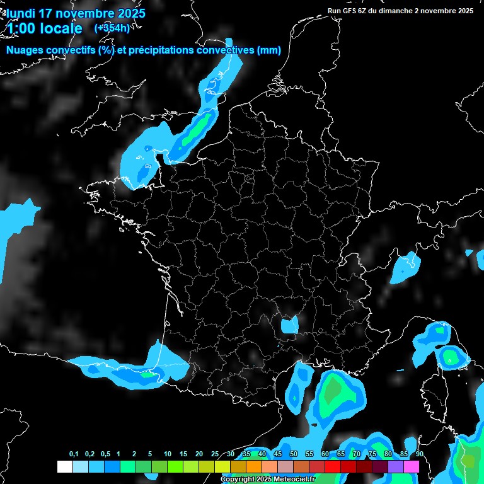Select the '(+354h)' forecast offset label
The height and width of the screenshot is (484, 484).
112,28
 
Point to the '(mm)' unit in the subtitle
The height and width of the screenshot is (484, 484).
269,50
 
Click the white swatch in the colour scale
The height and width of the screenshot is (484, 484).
64,466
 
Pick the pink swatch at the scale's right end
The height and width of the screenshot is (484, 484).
412,466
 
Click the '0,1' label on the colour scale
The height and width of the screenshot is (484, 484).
74,454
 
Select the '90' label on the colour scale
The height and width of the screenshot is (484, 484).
419,454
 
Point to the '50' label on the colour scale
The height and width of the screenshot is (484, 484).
294,454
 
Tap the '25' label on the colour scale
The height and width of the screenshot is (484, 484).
215,454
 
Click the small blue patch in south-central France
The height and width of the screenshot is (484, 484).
289,325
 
